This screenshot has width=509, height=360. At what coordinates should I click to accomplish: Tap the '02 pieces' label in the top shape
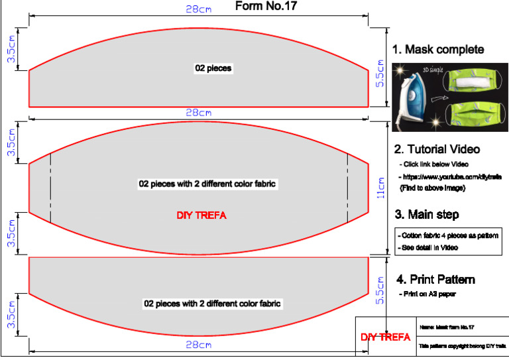pos(213,68)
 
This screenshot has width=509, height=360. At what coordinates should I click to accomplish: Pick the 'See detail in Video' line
pos(430,247)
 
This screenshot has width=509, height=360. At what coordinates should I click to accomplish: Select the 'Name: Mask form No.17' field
pos(447,328)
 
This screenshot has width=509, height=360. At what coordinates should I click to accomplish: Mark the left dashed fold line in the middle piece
pos(50,188)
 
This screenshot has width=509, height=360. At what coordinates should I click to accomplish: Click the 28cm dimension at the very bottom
pos(198,345)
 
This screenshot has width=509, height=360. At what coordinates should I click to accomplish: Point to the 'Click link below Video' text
pos(434,164)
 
